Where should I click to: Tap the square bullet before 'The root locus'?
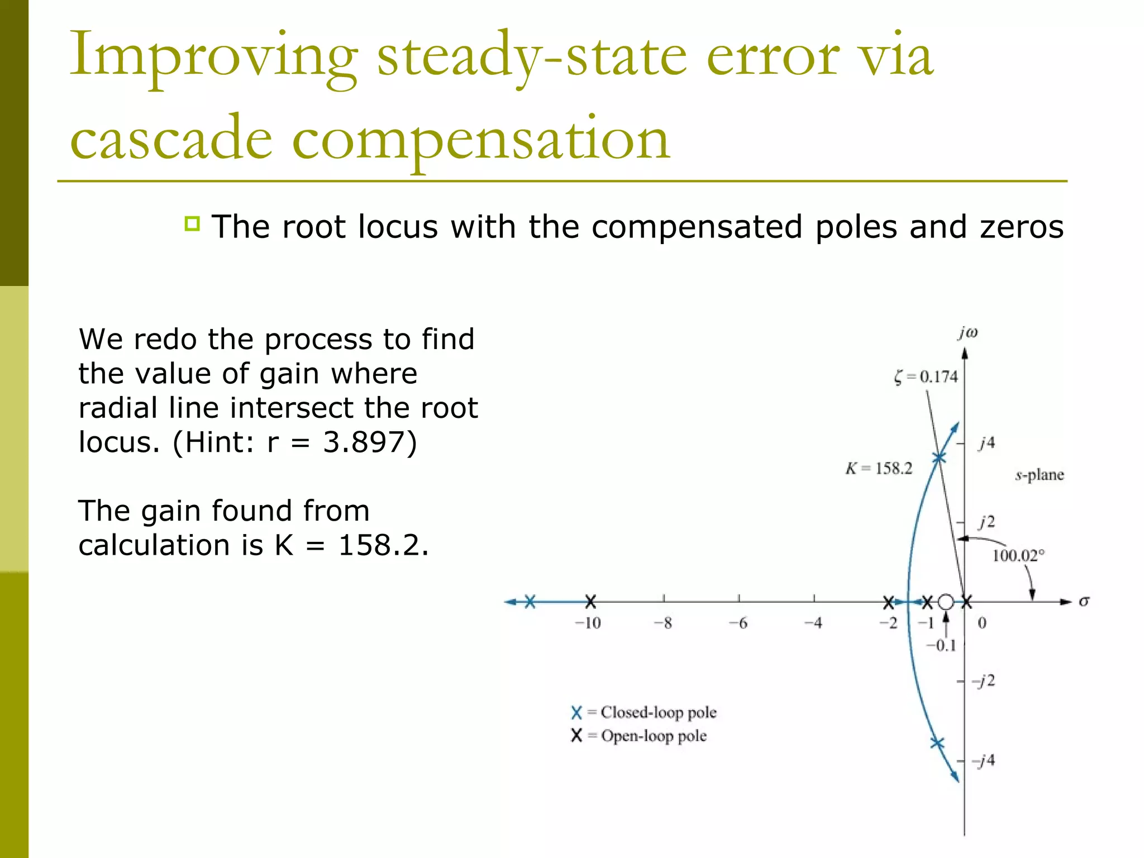point(192,224)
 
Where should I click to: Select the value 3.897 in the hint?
point(370,442)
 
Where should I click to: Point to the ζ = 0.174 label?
point(926,377)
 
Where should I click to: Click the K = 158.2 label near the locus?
point(878,468)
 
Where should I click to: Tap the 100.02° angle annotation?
point(1018,555)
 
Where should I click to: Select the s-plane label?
point(1039,475)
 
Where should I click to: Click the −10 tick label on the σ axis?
point(588,623)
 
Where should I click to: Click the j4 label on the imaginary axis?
point(987,443)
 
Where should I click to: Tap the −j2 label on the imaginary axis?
point(984,680)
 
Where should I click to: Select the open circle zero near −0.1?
point(946,602)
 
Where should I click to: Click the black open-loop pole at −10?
point(590,602)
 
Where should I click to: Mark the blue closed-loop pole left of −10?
point(530,602)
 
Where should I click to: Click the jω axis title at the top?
point(968,333)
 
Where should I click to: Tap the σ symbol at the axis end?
point(1084,601)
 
